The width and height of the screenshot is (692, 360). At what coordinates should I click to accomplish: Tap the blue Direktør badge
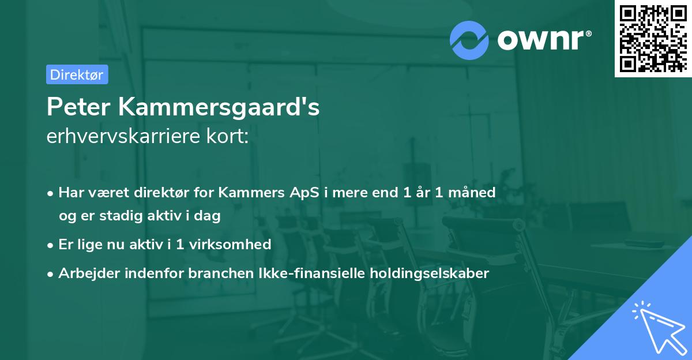[x=77, y=74]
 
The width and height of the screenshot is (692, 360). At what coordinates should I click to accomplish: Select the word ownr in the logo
[x=542, y=40]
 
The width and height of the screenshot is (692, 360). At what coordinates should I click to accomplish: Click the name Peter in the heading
[x=80, y=107]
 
